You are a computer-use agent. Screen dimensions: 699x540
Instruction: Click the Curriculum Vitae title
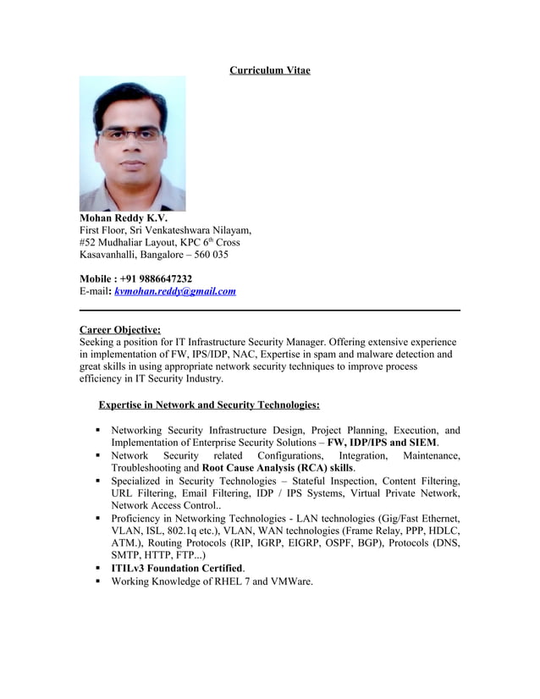[269, 69]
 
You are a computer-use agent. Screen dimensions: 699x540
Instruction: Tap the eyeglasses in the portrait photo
[130, 133]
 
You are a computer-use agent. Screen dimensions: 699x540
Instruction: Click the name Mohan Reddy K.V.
[124, 217]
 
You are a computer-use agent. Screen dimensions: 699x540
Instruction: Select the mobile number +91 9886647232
[155, 278]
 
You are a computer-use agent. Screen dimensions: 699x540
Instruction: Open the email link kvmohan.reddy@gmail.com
[174, 291]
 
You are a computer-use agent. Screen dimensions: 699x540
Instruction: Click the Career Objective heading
[119, 329]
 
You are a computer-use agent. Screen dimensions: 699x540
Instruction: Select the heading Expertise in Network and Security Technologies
[209, 405]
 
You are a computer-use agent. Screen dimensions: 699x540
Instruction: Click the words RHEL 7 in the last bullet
[250, 581]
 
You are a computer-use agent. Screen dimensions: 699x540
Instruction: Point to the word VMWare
[290, 581]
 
